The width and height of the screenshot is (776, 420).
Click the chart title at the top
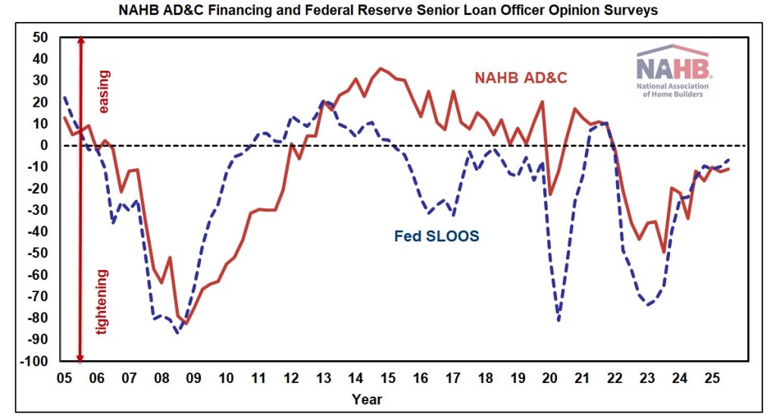(387, 11)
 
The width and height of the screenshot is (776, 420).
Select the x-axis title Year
(367, 399)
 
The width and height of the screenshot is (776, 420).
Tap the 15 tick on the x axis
(387, 376)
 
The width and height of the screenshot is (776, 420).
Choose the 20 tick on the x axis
(550, 376)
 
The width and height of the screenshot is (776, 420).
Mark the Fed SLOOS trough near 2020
(559, 320)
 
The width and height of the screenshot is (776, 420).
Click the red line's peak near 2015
(381, 68)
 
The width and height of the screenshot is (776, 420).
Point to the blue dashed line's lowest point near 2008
(177, 332)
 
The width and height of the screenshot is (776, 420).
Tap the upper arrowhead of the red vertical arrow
(80, 41)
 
